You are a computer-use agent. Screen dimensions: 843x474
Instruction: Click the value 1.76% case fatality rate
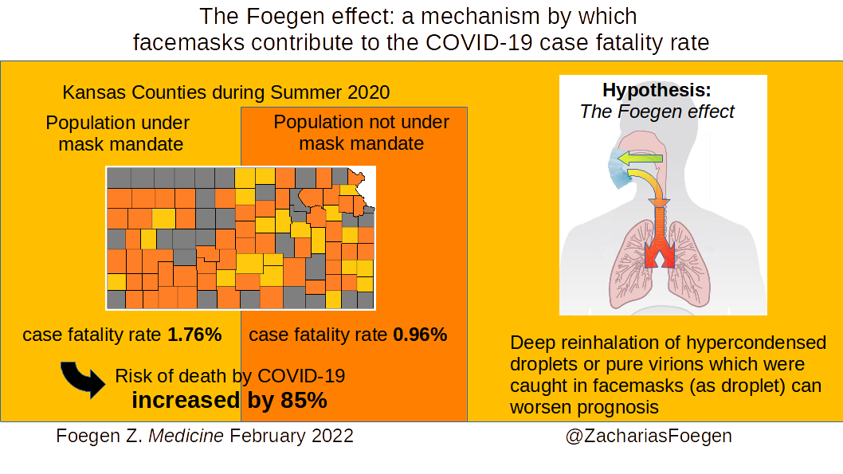point(194,335)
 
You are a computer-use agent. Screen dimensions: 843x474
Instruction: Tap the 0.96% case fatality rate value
point(421,335)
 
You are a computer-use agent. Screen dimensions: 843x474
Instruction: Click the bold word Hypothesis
point(657,90)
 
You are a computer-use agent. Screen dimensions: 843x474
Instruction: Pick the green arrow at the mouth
point(640,159)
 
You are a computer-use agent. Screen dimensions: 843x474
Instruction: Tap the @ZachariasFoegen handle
point(649,436)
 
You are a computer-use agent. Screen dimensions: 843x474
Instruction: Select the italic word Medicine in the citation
point(186,436)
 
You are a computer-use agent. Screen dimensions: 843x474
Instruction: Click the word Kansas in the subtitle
point(95,92)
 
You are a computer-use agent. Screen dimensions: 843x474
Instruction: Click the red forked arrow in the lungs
point(660,237)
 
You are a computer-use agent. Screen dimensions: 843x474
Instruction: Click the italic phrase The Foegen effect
point(657,112)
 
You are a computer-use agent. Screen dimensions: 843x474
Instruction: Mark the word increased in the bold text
point(186,401)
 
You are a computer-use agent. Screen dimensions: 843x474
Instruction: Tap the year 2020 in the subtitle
point(368,92)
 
